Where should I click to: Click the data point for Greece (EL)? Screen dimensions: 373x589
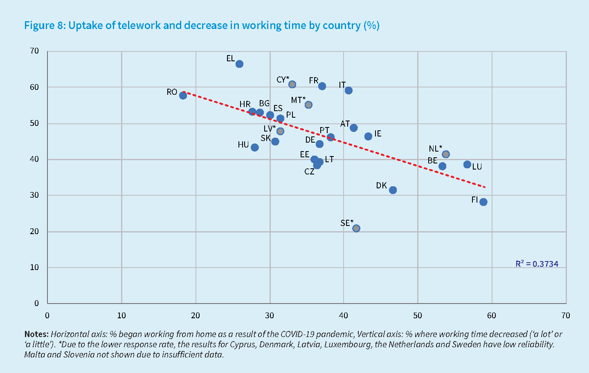[x=239, y=64]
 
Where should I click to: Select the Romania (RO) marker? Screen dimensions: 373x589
[x=183, y=96]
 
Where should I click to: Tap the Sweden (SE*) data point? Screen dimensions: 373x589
[x=356, y=228]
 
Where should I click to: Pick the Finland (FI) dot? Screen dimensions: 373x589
[x=483, y=202]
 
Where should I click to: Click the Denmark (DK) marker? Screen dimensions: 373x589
[x=393, y=190]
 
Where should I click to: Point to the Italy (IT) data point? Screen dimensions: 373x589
[x=348, y=90]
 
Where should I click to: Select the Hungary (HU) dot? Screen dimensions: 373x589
[x=254, y=147]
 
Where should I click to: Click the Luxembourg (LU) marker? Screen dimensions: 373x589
[x=467, y=165]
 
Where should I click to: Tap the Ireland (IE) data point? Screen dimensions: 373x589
[x=368, y=136]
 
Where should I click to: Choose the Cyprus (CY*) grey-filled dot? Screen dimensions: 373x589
[x=292, y=85]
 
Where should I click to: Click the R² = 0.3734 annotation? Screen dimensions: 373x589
[x=537, y=264]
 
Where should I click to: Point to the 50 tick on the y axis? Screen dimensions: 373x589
[x=34, y=123]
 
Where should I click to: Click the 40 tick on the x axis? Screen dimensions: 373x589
[x=344, y=315]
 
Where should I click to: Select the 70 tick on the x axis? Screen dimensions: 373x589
[x=566, y=315]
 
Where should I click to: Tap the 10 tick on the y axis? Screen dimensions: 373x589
[x=34, y=267]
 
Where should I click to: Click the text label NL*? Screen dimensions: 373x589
[x=435, y=149]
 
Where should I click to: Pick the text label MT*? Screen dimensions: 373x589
[x=298, y=100]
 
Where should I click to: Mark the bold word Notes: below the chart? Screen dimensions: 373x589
[x=36, y=334]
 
